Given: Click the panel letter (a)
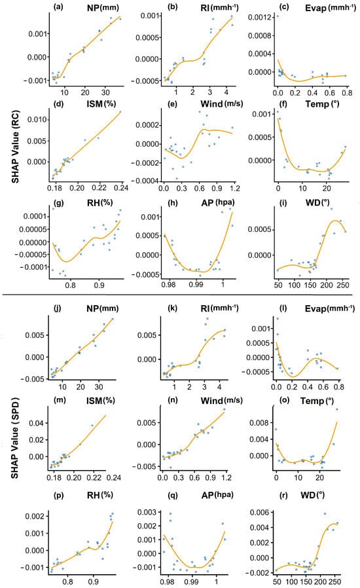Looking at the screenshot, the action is (x=58, y=7).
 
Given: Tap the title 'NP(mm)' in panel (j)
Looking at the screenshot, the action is (x=102, y=308).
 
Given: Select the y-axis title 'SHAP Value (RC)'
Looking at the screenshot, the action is (x=15, y=147).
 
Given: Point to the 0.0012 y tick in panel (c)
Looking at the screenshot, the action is (x=259, y=17).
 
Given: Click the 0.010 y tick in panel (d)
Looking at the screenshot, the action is (x=37, y=119).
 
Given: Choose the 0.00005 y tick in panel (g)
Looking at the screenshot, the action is (x=33, y=229).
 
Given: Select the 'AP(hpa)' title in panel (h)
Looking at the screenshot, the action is (x=218, y=202).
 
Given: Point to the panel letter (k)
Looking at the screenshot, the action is (x=173, y=308).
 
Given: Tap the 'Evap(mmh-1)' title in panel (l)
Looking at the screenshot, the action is (x=330, y=308).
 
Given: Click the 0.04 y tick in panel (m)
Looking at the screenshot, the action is (x=37, y=423).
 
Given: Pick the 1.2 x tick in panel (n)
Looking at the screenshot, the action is (x=226, y=477).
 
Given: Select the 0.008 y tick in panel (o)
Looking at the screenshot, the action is (x=259, y=422).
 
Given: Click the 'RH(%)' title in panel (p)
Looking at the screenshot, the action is (x=99, y=495).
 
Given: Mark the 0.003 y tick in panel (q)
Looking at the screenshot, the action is (x=147, y=512).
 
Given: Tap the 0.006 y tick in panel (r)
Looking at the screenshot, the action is (x=259, y=512).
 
